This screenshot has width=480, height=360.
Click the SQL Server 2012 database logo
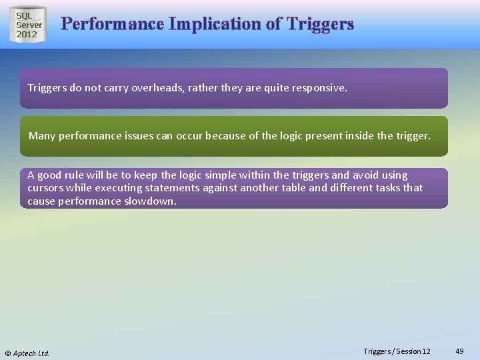pos(29,25)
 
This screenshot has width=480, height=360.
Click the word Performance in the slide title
pos(112,25)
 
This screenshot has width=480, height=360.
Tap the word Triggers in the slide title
pos(320,25)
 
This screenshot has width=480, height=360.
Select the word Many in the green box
pos(42,136)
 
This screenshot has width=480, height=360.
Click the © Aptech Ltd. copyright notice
pos(27,353)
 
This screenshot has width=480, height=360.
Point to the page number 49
pos(459,351)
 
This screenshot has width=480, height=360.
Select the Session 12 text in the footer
pos(414,351)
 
